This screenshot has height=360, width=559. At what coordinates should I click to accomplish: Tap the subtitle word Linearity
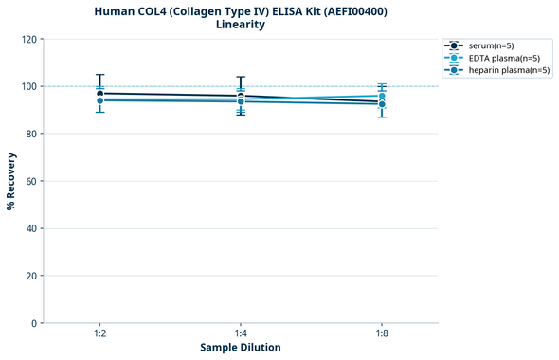tap(241, 25)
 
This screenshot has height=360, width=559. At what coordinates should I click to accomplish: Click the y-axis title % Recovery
tap(11, 180)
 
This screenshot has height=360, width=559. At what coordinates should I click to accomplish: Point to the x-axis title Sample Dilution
tap(241, 348)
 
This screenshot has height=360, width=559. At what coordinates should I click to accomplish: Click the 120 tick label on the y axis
tap(28, 39)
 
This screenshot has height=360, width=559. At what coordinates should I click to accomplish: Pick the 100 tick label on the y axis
tap(28, 86)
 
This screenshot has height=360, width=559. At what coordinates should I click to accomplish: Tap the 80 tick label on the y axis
tap(31, 134)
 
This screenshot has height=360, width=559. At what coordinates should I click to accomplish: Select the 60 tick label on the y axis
tap(31, 181)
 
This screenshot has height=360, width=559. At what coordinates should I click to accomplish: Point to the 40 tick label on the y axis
tap(31, 228)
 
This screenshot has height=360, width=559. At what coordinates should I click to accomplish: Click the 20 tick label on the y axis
tap(31, 276)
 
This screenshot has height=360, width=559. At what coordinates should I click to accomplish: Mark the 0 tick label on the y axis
tap(34, 323)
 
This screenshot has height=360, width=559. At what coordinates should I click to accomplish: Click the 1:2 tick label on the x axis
tap(99, 333)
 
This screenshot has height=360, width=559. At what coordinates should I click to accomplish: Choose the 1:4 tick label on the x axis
tap(241, 333)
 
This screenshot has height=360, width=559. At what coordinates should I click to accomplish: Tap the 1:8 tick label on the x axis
tap(382, 333)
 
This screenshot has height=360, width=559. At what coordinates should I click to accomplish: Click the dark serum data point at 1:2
tap(99, 94)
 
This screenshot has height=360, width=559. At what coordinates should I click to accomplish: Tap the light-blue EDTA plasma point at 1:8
tap(382, 96)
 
